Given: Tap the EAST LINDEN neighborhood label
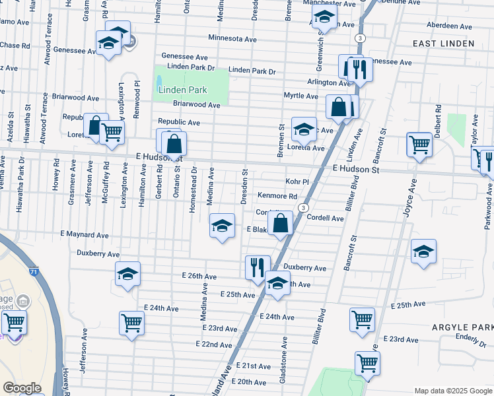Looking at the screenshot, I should click(x=443, y=44).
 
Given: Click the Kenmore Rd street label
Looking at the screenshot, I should click(x=277, y=196).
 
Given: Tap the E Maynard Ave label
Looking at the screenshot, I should click(x=84, y=234).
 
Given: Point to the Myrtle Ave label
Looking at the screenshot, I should click(x=301, y=96).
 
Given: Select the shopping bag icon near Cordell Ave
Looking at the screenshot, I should click(x=281, y=223).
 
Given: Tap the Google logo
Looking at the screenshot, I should click(x=22, y=388).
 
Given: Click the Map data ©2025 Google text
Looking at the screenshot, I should click(x=452, y=391).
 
